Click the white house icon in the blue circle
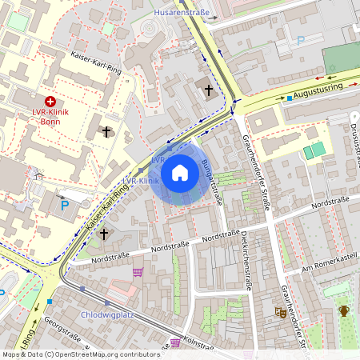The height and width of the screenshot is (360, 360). click(180, 173)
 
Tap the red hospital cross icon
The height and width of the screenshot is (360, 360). click(50, 102)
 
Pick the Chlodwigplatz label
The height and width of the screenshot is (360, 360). click(106, 315)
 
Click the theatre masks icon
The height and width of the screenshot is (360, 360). click(281, 313)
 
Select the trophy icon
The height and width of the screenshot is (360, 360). click(344, 310)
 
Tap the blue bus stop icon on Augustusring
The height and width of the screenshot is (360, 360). click(290, 98)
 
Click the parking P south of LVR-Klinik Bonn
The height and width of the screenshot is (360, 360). click(65, 206)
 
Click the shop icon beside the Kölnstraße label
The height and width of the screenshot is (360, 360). click(174, 343)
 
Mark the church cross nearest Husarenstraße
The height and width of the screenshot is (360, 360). click(210, 90)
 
